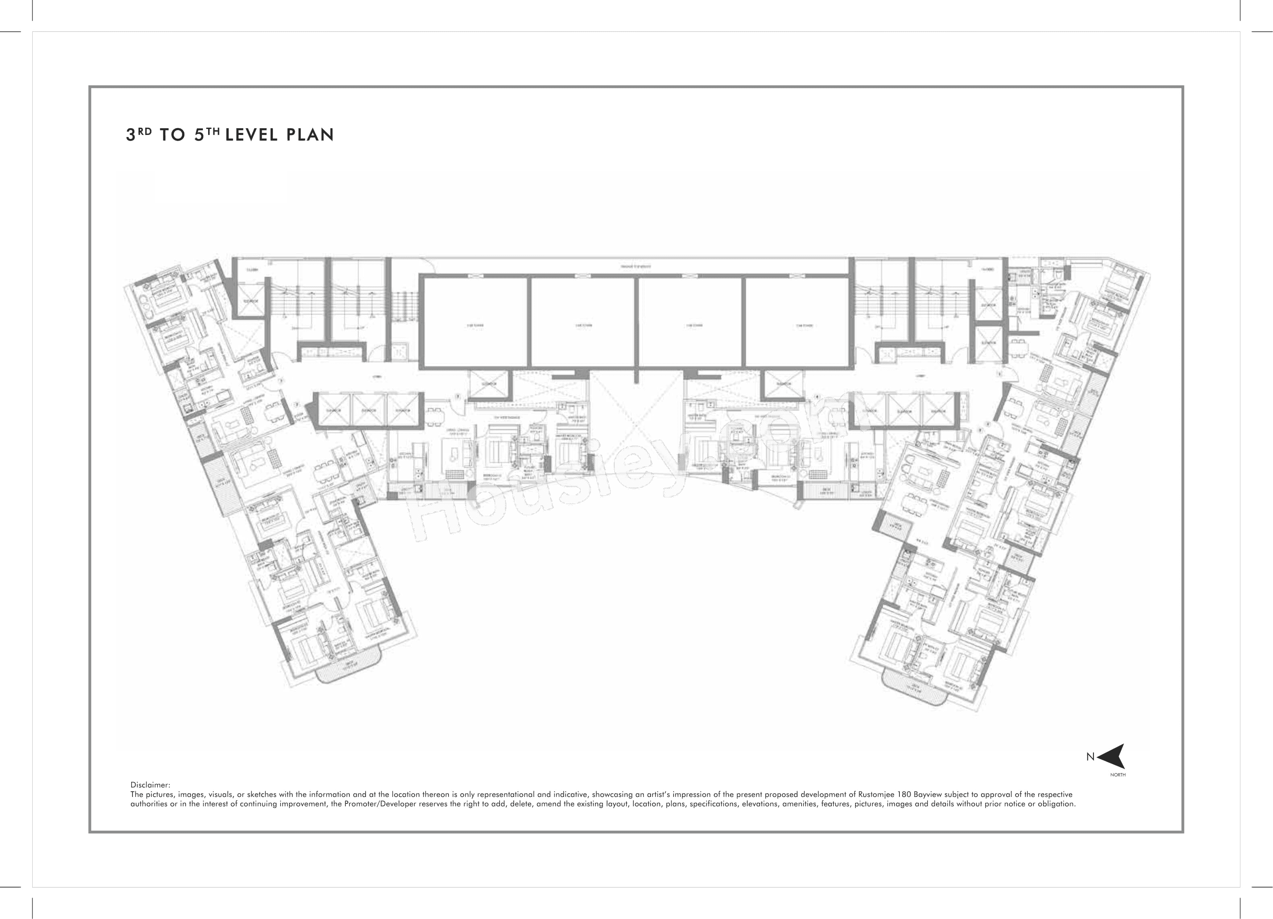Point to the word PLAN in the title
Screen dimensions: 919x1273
coord(310,135)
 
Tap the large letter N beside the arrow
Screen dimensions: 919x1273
coord(1090,757)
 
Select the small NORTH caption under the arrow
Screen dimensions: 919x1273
coord(1118,775)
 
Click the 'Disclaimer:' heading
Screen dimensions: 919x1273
coord(150,785)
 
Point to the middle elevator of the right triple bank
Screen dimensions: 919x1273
coord(903,410)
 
